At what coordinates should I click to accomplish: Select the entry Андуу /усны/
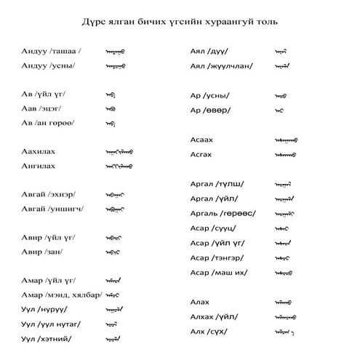(49, 66)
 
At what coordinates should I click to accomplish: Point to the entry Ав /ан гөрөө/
(49, 123)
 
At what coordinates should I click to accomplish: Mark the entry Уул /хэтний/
(49, 338)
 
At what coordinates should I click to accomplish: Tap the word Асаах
(201, 139)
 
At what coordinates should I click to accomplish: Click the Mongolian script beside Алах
(284, 302)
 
